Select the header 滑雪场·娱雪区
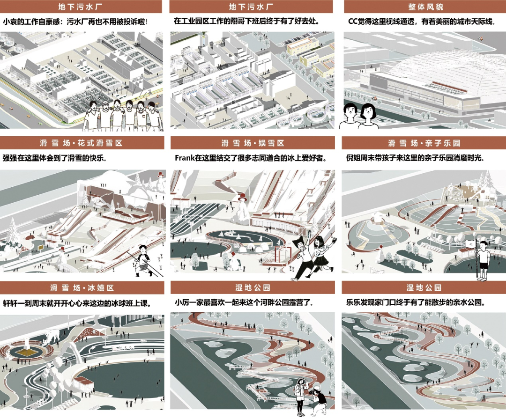[x=253, y=143]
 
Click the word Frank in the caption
[x=185, y=158]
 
